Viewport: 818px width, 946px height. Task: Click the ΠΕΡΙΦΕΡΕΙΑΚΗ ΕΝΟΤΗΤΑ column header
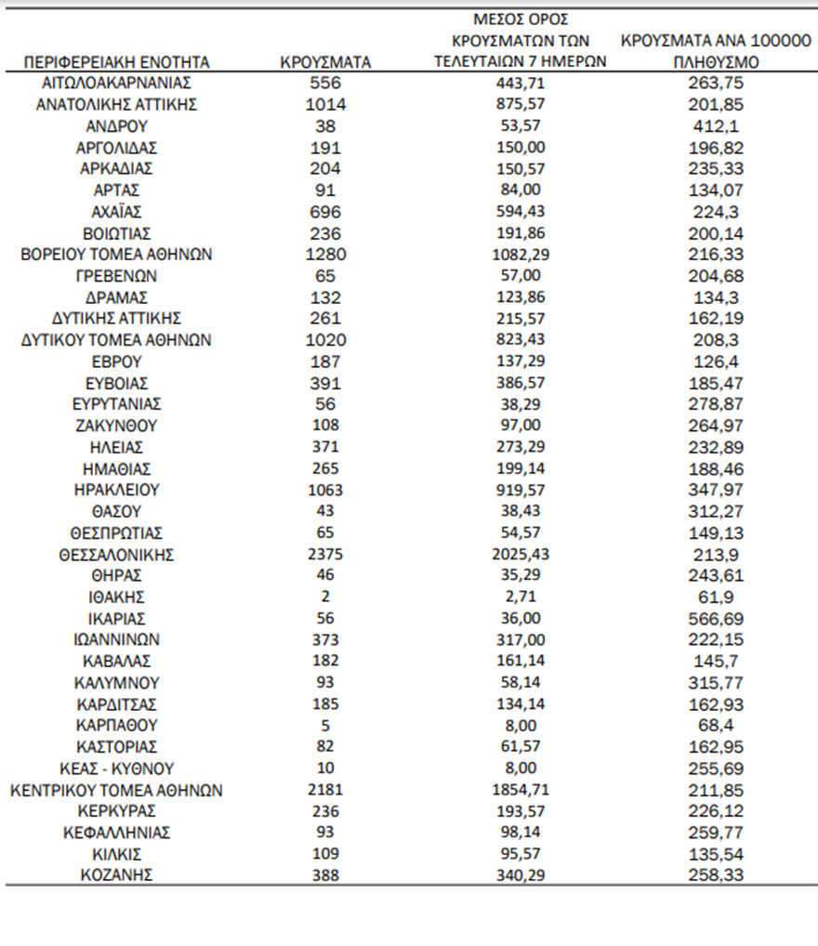pos(117,62)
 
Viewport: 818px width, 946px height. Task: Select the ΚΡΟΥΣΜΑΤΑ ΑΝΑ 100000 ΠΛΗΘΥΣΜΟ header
pos(716,52)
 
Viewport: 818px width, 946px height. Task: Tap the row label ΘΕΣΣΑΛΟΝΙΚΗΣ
pos(117,555)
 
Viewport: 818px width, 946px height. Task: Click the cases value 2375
pos(325,555)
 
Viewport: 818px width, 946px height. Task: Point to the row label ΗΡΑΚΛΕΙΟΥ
pos(117,490)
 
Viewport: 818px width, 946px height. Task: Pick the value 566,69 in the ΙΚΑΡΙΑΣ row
pos(716,619)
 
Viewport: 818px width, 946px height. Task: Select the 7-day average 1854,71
pos(521,790)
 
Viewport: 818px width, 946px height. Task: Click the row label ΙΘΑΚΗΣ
pos(117,598)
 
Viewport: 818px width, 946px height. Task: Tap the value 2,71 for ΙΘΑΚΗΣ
pos(521,598)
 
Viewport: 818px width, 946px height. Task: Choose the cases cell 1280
pos(325,255)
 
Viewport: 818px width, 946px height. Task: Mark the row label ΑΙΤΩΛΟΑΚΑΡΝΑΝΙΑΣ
pos(117,83)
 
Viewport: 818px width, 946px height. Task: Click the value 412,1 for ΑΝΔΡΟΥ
pos(716,125)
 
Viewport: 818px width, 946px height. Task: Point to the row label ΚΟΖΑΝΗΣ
pos(117,875)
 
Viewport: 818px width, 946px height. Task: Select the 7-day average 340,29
pos(521,875)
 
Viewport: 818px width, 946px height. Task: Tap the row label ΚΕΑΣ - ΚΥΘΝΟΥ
pos(117,769)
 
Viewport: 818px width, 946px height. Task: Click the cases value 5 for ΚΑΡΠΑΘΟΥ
pos(325,726)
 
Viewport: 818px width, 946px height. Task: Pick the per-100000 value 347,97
pos(716,490)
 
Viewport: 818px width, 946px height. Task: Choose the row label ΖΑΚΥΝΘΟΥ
pos(117,426)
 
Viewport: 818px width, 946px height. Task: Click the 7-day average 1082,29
pos(521,255)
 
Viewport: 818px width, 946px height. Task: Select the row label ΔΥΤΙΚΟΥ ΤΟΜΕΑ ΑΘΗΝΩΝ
pos(117,340)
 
